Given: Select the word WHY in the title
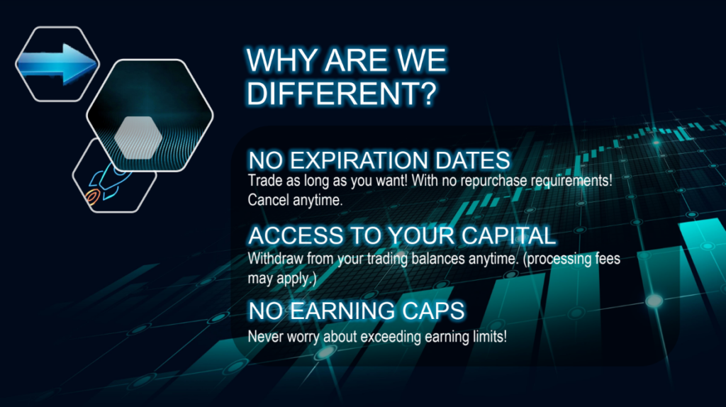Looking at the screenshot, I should (x=281, y=61).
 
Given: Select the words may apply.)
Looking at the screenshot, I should (x=281, y=278).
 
